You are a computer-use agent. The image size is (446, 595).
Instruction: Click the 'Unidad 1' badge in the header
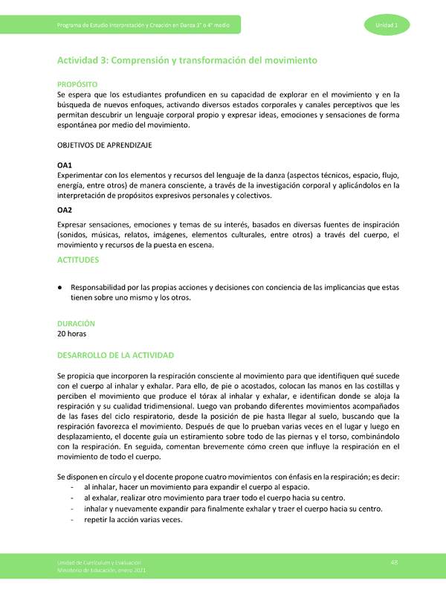[386, 26]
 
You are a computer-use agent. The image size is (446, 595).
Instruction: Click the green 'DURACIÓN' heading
[77, 324]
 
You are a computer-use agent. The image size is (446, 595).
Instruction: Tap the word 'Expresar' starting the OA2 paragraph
[75, 225]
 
